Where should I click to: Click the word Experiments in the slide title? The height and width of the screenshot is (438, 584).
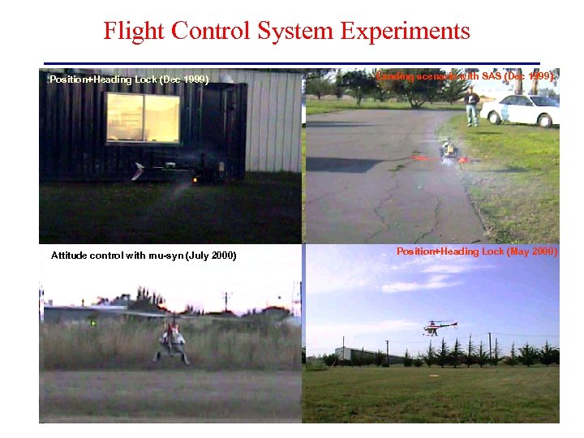[406, 31]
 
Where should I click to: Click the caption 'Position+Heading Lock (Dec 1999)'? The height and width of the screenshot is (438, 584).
[129, 79]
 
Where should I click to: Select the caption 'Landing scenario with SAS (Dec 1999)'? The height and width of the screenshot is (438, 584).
[466, 76]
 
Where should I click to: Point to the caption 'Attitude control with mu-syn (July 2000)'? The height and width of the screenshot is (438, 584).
[144, 255]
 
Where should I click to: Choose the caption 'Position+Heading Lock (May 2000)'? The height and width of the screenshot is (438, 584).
[477, 251]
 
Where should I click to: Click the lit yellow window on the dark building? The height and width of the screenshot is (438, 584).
[143, 118]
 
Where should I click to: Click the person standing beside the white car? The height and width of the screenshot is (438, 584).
[471, 105]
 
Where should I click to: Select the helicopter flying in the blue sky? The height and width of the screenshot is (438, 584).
[439, 327]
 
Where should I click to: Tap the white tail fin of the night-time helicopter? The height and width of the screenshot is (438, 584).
[140, 170]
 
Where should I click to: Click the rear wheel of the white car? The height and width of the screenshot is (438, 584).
[544, 120]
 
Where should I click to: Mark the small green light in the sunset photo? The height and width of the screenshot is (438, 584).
[94, 323]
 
